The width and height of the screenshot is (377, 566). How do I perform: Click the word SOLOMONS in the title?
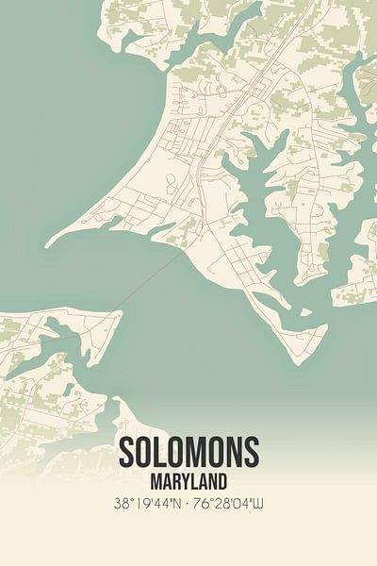[x=188, y=454]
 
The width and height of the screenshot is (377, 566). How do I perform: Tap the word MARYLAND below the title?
[x=188, y=480]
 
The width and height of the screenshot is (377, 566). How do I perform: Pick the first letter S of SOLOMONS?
[x=127, y=454]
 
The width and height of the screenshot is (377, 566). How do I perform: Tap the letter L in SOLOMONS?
[x=163, y=454]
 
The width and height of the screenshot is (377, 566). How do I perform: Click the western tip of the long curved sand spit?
[x=47, y=244]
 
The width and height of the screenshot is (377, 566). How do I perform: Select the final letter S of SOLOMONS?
[x=251, y=454]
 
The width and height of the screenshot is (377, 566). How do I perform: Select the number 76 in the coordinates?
[x=205, y=503]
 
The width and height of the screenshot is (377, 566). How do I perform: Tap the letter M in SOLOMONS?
[x=199, y=454]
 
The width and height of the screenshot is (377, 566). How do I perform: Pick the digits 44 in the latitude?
[x=162, y=503]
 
